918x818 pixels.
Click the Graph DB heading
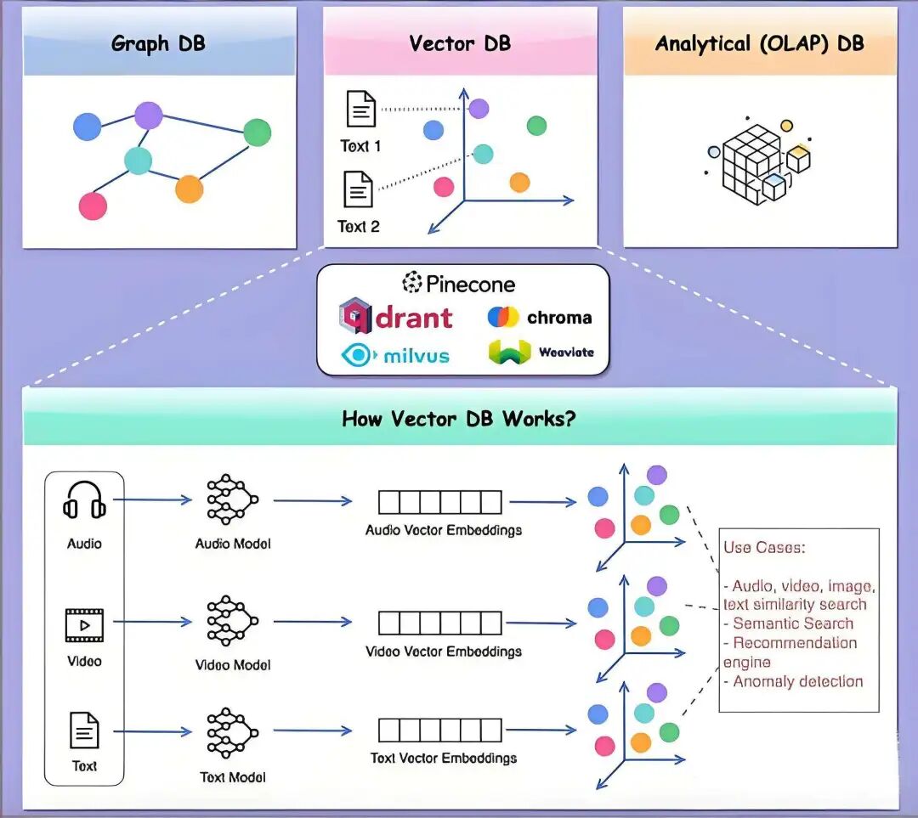point(158,44)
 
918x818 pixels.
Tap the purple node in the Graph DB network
point(149,115)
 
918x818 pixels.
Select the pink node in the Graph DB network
point(93,206)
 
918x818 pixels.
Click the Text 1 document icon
point(360,110)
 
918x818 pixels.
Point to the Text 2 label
point(359,227)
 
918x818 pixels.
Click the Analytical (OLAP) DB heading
point(759,44)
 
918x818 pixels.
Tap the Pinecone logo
point(459,283)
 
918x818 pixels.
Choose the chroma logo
point(540,318)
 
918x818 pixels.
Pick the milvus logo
point(395,354)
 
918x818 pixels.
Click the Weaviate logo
point(541,352)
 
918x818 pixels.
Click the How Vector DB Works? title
point(458,418)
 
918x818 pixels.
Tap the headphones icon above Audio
point(85,501)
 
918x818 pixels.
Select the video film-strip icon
point(84,625)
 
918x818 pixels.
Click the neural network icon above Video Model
point(232,622)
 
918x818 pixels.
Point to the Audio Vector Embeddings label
point(444,530)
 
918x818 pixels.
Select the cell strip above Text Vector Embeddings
point(439,730)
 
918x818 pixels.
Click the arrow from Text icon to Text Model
point(152,731)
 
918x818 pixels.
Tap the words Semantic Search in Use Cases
point(792,623)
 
